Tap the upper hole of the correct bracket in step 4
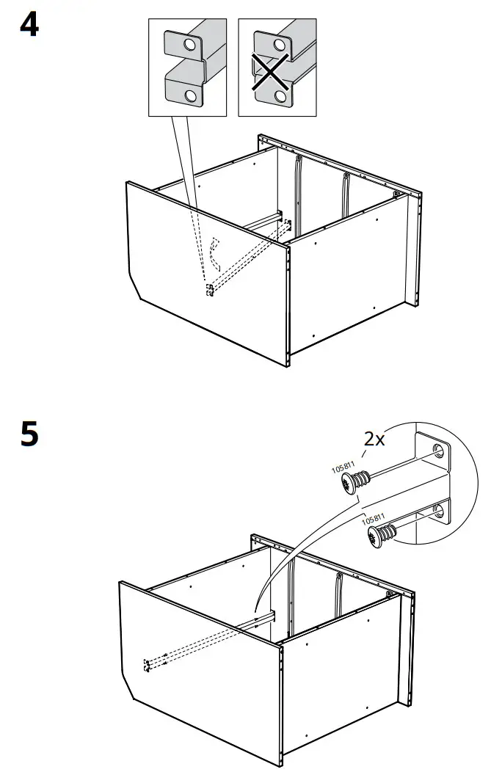pos(191,45)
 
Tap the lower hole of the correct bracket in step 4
pos(191,95)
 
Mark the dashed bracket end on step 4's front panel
pos(210,290)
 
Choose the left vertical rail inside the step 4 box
pos(298,191)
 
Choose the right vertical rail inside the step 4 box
pos(344,194)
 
